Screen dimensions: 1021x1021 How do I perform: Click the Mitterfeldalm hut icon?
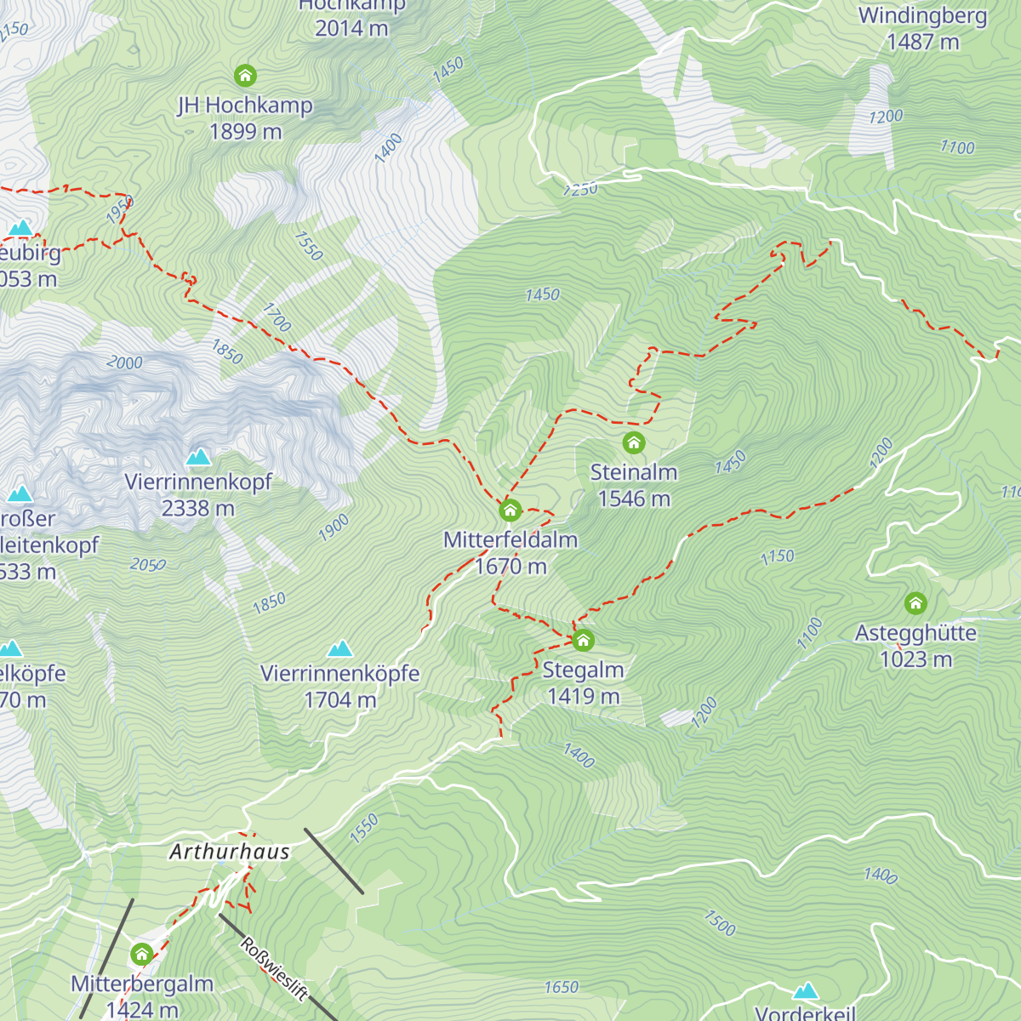point(510,510)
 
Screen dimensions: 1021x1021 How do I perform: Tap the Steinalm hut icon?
point(633,442)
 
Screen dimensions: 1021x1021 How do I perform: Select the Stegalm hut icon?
point(583,640)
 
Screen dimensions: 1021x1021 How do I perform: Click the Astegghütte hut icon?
point(915,603)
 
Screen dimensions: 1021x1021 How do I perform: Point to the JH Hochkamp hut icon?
point(245,76)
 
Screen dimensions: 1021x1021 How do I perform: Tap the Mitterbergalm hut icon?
point(142,955)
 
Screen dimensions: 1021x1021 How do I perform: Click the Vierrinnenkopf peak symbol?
point(198,457)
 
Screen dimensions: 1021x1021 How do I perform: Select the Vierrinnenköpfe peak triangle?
point(340,649)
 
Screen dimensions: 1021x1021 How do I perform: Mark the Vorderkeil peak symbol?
point(805,991)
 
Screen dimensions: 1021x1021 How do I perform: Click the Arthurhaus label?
point(230,852)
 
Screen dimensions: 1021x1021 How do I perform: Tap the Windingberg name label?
point(922,15)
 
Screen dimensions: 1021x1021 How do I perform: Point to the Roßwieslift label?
point(274,968)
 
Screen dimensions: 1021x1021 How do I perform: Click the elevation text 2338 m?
point(197,509)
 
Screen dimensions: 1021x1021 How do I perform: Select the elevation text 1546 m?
point(634,499)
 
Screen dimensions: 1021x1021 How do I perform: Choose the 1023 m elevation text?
point(915,659)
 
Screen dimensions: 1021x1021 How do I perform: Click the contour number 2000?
point(124,362)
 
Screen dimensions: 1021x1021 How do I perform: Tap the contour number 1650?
point(561,987)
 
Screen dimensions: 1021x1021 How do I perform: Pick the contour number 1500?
point(720,922)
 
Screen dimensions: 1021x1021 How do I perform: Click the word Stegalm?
point(583,670)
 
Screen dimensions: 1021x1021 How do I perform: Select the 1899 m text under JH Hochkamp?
point(245,132)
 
